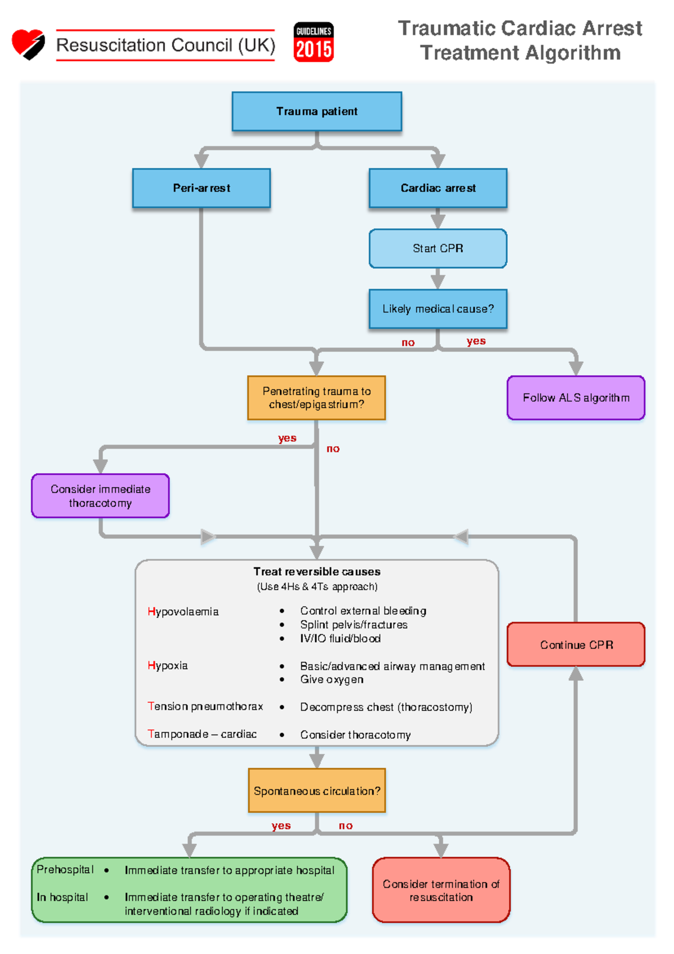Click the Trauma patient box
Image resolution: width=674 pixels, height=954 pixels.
pos(317,111)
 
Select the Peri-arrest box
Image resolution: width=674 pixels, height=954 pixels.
pos(201,188)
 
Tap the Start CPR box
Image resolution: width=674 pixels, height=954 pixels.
pos(438,248)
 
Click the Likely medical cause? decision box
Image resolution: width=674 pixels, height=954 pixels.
pos(438,309)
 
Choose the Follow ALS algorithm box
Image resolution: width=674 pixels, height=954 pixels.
pos(576,398)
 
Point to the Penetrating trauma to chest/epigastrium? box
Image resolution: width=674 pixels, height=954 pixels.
pos(316,398)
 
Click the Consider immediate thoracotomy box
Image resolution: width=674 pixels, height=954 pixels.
pos(101,496)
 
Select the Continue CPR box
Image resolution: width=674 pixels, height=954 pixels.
pos(576,644)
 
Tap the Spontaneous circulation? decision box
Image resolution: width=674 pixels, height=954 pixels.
pos(317,791)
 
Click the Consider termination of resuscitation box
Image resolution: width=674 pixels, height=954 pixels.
pos(441,890)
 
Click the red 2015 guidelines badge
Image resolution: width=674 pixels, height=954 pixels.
pos(313,42)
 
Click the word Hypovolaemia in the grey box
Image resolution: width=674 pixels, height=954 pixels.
pos(183,611)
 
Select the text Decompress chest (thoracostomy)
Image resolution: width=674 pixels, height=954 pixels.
pos(386,707)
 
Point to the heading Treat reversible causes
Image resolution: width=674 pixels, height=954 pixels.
pos(317,571)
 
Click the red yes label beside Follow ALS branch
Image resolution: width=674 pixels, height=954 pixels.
pos(476,341)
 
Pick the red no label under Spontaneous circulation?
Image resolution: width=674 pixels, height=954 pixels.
pos(345,825)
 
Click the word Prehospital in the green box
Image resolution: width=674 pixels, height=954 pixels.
pos(65,869)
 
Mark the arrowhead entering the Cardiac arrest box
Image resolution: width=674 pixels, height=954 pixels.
pos(438,161)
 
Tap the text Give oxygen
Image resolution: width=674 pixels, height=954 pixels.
pos(331,679)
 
